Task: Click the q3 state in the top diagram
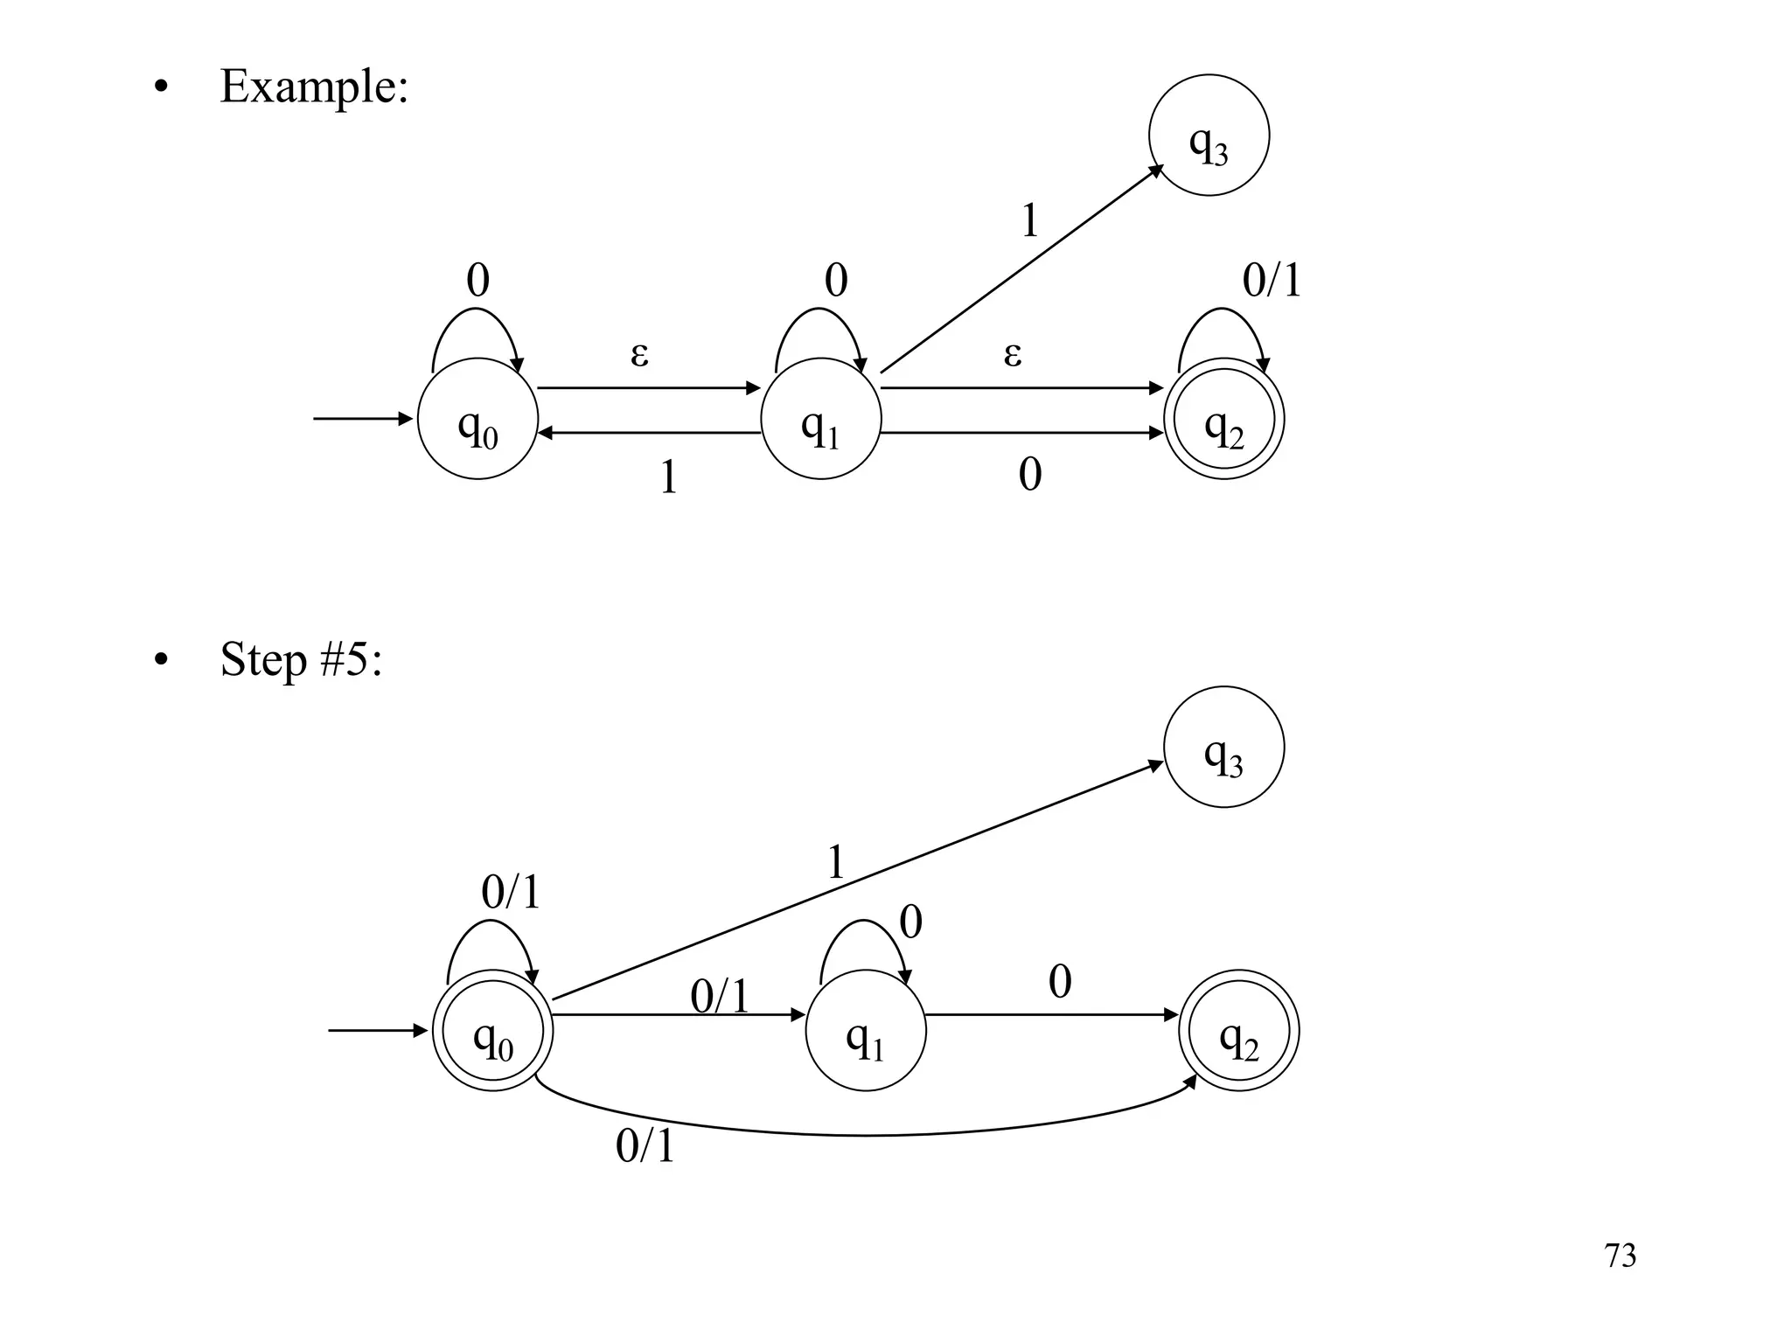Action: [1209, 136]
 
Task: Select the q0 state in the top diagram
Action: [477, 419]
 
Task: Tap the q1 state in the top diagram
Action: [820, 419]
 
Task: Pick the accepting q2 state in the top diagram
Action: [1223, 419]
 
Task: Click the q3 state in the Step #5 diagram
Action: [1223, 747]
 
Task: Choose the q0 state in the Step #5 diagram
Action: [492, 1030]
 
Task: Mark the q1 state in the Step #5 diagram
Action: [865, 1030]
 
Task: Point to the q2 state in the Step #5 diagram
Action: [1238, 1030]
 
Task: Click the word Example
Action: [313, 87]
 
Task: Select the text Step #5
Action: [300, 659]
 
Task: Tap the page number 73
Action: [1620, 1256]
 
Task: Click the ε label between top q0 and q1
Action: [639, 354]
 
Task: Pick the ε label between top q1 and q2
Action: [1012, 354]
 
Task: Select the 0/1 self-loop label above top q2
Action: [1271, 281]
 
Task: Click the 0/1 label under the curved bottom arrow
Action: [645, 1145]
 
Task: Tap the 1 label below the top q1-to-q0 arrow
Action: [668, 477]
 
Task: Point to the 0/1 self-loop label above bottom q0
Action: [511, 893]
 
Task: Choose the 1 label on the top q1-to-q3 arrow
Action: [1029, 220]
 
